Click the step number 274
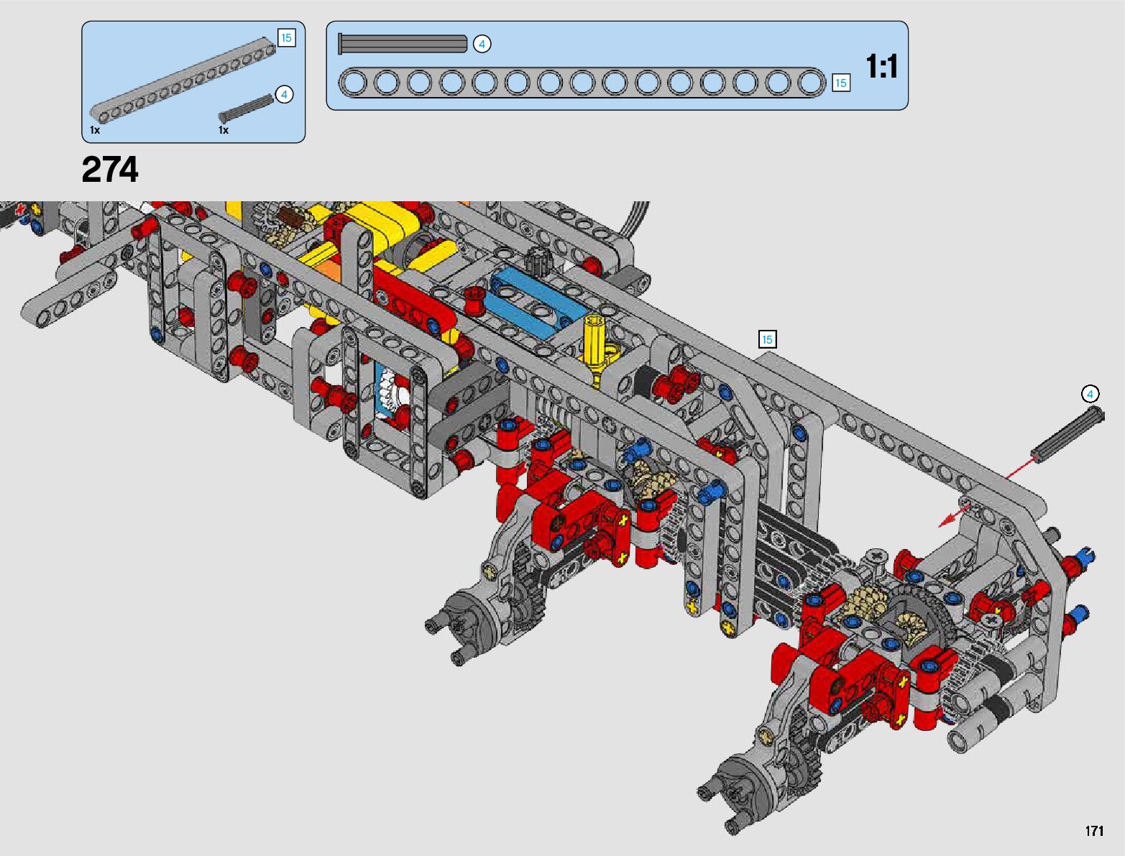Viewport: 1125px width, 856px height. click(110, 170)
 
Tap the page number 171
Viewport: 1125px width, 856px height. click(1094, 830)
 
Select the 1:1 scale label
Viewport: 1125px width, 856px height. click(881, 67)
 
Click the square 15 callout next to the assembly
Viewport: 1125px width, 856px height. click(767, 339)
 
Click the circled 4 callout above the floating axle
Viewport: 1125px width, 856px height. click(1090, 394)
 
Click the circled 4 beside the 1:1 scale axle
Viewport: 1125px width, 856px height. click(481, 45)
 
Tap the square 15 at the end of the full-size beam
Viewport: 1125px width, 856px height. click(840, 83)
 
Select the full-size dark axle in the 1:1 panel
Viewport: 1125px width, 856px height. click(403, 44)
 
